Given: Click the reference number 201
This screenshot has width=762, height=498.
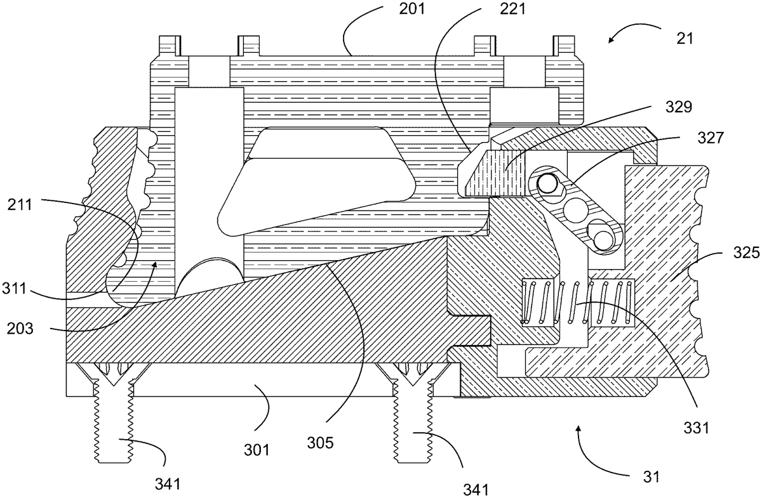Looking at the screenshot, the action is (x=412, y=9).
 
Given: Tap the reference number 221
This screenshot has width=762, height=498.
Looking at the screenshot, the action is (x=512, y=9).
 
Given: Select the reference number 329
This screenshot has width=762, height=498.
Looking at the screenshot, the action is (x=679, y=107).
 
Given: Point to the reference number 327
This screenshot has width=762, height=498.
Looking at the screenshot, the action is (x=711, y=138).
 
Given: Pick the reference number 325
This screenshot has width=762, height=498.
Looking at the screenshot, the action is (x=746, y=253).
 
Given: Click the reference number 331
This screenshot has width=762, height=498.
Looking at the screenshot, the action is (x=697, y=428).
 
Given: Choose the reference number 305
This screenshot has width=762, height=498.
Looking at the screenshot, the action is (x=320, y=443).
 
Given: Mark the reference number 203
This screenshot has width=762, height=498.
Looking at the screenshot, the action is (x=20, y=329).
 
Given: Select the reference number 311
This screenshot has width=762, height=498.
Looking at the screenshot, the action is (x=14, y=289).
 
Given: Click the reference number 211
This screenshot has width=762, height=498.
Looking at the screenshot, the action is (x=20, y=205).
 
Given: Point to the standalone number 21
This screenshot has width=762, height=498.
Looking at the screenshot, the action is (x=685, y=39).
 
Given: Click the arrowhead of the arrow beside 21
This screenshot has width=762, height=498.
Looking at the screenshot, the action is (x=612, y=41).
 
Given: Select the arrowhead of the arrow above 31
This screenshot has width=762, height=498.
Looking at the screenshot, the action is (x=577, y=429).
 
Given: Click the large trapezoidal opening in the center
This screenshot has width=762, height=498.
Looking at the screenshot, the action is (x=316, y=180).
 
